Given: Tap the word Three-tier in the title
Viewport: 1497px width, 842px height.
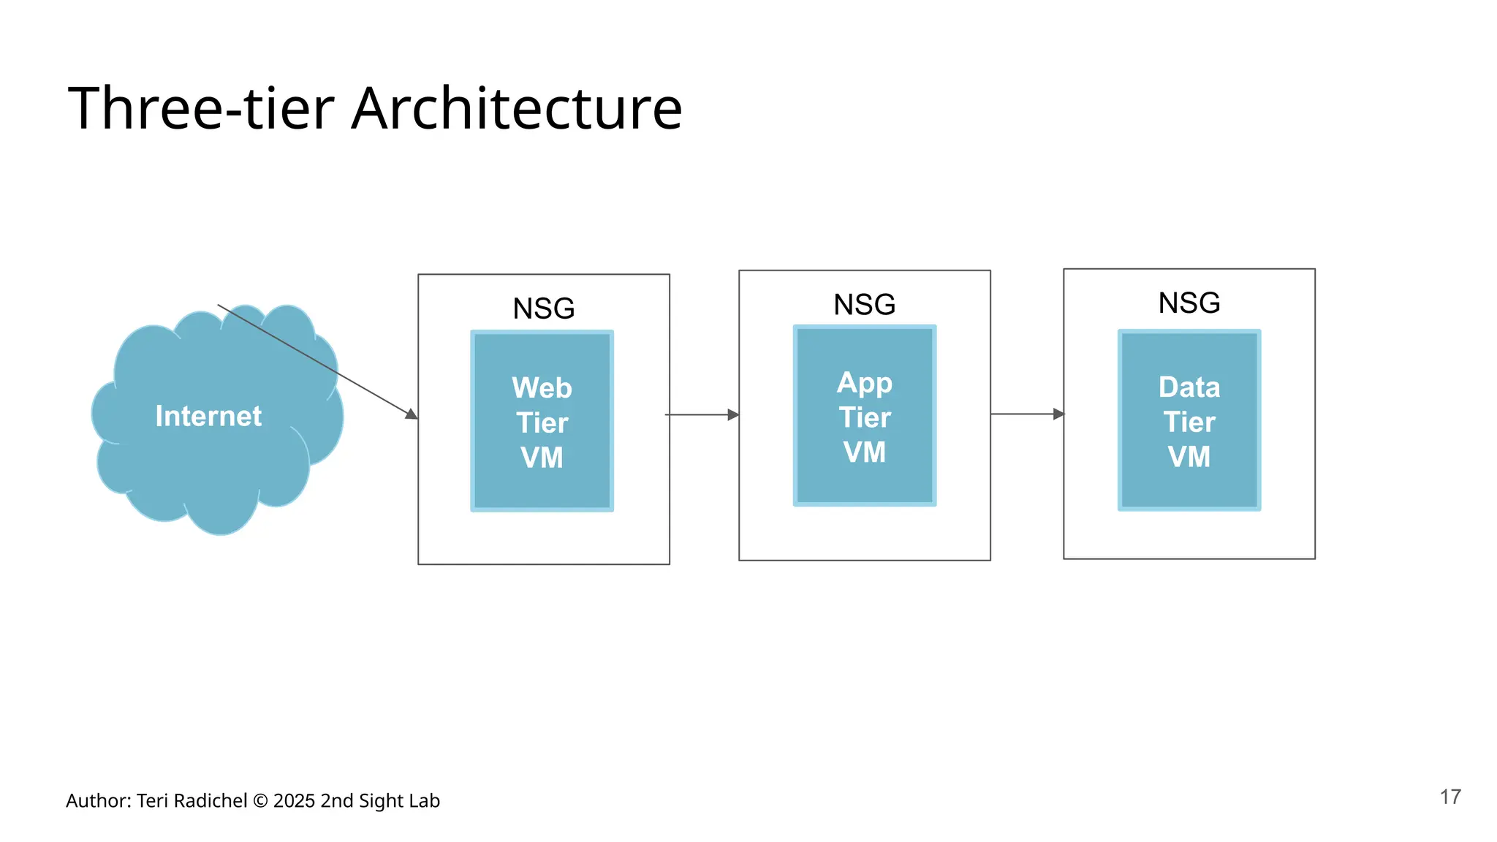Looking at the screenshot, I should pyautogui.click(x=201, y=108).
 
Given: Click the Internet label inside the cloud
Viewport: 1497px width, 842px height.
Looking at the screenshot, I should pyautogui.click(x=208, y=416).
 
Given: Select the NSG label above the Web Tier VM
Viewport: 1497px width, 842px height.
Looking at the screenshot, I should pyautogui.click(x=543, y=308).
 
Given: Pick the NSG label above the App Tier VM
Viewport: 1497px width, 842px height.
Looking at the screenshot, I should pyautogui.click(x=864, y=305).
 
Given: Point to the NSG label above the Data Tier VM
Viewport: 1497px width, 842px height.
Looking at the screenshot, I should pyautogui.click(x=1189, y=303).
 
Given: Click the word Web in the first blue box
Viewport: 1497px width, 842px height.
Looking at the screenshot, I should pyautogui.click(x=542, y=388).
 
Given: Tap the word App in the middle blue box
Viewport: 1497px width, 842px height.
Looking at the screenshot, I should pyautogui.click(x=864, y=383).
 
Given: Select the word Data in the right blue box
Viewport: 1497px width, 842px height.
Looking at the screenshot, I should pyautogui.click(x=1189, y=387).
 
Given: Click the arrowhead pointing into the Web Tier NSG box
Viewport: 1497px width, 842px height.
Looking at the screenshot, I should pyautogui.click(x=412, y=414).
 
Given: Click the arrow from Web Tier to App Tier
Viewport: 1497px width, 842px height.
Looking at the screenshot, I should pyautogui.click(x=702, y=414).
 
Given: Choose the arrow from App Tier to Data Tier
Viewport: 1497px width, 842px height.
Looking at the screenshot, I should pyautogui.click(x=1027, y=414).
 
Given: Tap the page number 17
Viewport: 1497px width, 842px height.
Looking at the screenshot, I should pyautogui.click(x=1450, y=797).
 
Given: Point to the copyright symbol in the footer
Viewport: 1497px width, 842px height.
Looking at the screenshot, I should pyautogui.click(x=260, y=801).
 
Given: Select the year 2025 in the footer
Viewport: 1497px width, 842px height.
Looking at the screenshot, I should pyautogui.click(x=294, y=801).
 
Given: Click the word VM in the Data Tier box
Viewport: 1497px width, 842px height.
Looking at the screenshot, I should pyautogui.click(x=1189, y=457).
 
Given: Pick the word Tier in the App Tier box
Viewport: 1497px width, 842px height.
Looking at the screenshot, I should pyautogui.click(x=864, y=418).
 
